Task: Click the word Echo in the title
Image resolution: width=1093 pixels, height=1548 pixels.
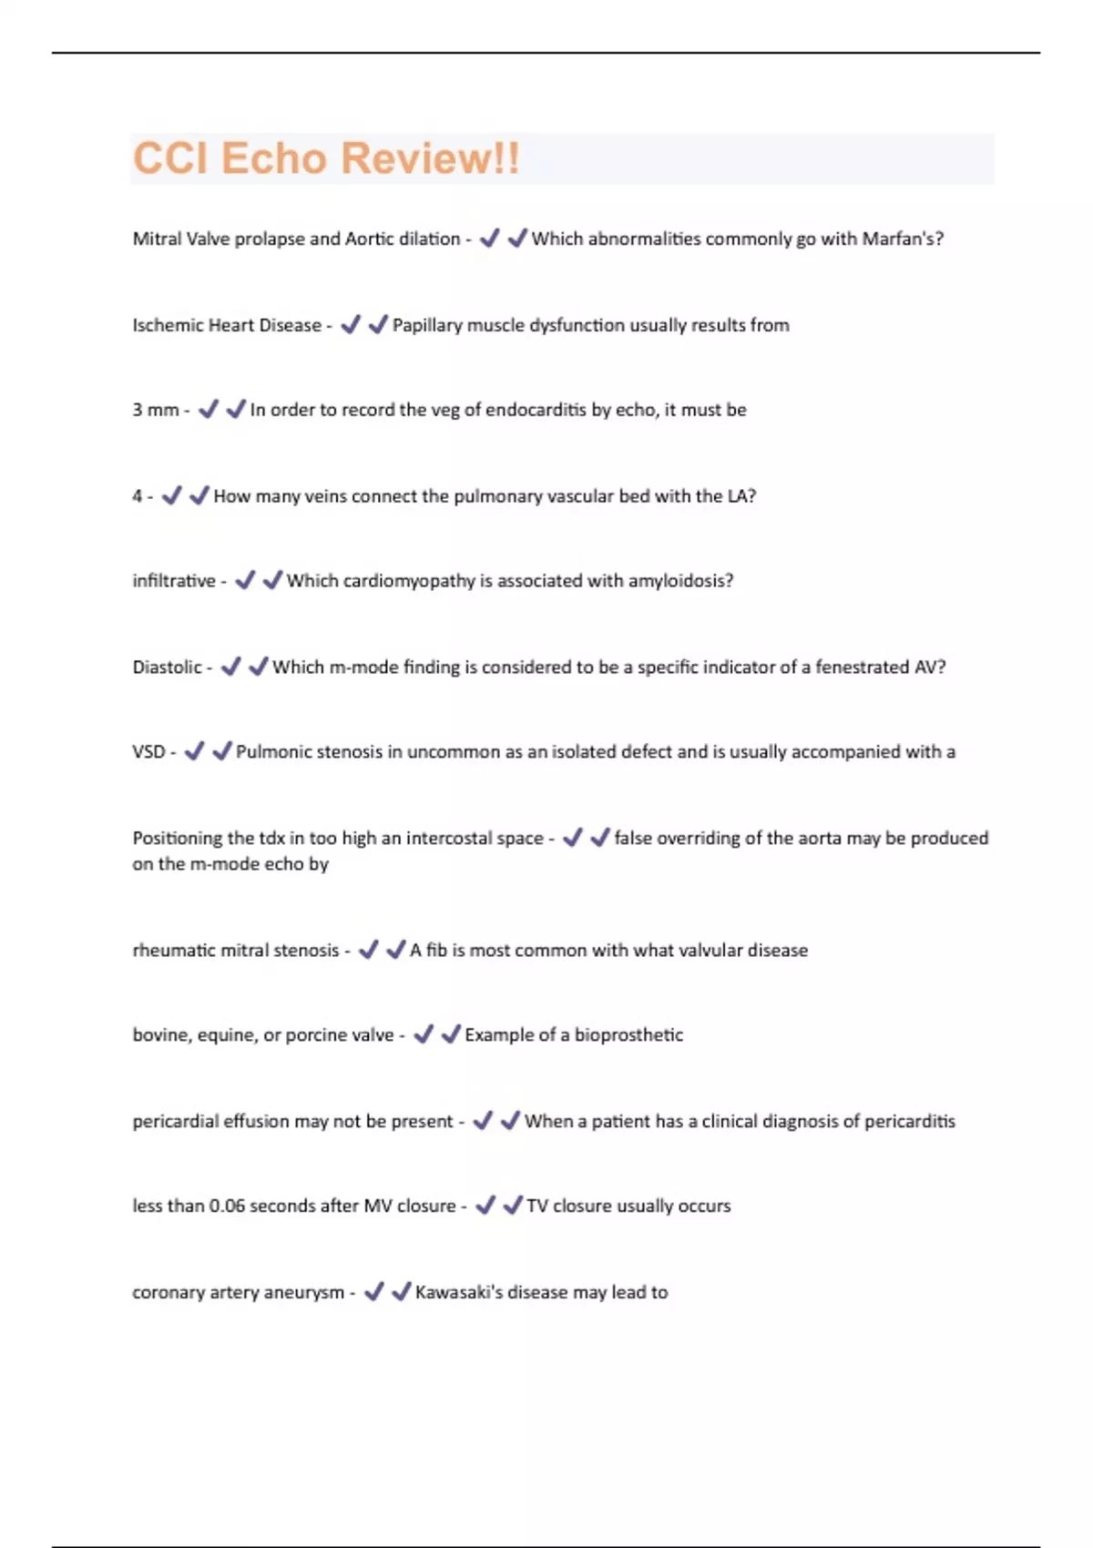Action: pos(273,158)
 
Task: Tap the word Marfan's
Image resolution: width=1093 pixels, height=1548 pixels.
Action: pos(903,239)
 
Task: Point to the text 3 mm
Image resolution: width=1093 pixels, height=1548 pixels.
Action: pos(155,410)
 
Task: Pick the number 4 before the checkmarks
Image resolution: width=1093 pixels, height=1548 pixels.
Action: pos(138,496)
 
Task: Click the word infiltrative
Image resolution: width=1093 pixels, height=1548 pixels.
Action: pos(174,581)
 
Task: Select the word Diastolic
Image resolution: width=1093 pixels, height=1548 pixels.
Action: pos(167,667)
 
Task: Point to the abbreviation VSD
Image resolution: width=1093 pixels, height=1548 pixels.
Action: pos(148,752)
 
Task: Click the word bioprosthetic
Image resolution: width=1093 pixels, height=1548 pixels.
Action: pos(628,1035)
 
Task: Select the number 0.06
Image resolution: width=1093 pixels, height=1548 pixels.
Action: pos(227,1206)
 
